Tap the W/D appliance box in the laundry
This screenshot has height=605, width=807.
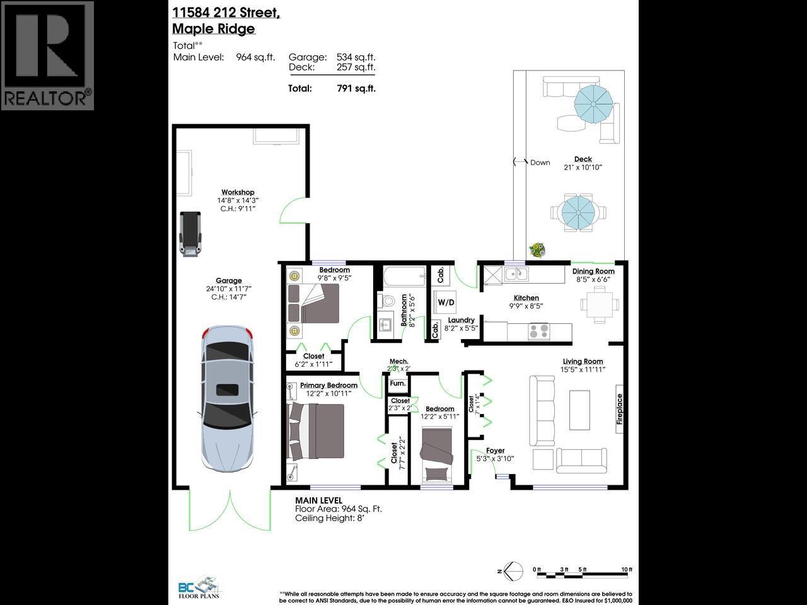tap(446, 302)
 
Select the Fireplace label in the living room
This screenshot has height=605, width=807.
tap(620, 409)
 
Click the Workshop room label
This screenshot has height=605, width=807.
tap(238, 192)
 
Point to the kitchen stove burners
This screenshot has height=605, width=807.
tap(539, 331)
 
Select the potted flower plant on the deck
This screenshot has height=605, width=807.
tap(537, 250)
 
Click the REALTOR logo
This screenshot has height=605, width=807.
tap(47, 55)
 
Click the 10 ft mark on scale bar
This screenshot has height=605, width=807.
tap(626, 570)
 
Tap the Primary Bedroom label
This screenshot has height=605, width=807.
tap(328, 385)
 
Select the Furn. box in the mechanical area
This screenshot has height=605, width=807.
tap(397, 383)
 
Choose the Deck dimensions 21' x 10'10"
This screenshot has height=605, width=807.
tap(583, 168)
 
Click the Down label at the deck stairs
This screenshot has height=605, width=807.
tap(540, 162)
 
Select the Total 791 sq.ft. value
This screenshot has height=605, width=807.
tap(356, 88)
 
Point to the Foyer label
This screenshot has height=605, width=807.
tap(495, 451)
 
